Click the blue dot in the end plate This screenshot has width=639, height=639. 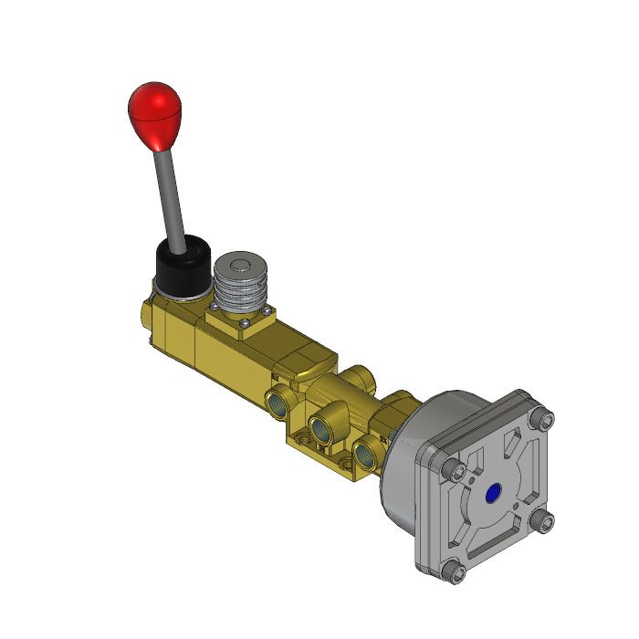click(495, 495)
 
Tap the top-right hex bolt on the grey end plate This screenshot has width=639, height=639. click(546, 420)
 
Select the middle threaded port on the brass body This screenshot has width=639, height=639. click(321, 427)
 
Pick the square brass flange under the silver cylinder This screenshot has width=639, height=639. click(224, 319)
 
